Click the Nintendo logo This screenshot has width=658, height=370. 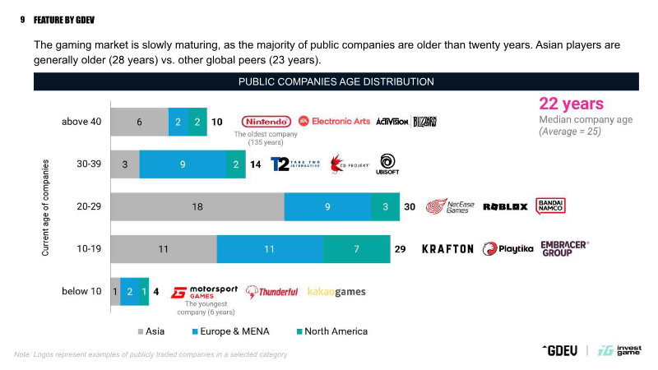(x=266, y=122)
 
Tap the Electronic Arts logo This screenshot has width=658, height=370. (x=334, y=121)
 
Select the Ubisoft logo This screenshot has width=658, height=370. (x=387, y=164)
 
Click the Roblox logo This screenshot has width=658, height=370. (x=505, y=206)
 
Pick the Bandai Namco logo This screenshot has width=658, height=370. (x=549, y=206)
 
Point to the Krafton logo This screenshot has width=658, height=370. (x=447, y=248)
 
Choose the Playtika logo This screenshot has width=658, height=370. (x=508, y=248)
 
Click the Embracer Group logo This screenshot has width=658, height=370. (x=565, y=248)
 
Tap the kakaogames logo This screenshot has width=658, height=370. (x=336, y=292)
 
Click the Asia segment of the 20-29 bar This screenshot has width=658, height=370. (x=197, y=206)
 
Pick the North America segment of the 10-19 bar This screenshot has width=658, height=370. (x=356, y=248)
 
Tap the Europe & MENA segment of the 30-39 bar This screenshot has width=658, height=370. (x=183, y=164)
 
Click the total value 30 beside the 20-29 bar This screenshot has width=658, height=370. (x=410, y=206)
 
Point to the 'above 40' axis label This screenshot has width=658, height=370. (x=81, y=122)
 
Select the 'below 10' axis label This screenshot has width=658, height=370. (x=81, y=291)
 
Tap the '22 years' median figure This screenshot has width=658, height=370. (x=571, y=104)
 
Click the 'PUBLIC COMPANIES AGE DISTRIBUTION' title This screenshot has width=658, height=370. (x=336, y=81)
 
